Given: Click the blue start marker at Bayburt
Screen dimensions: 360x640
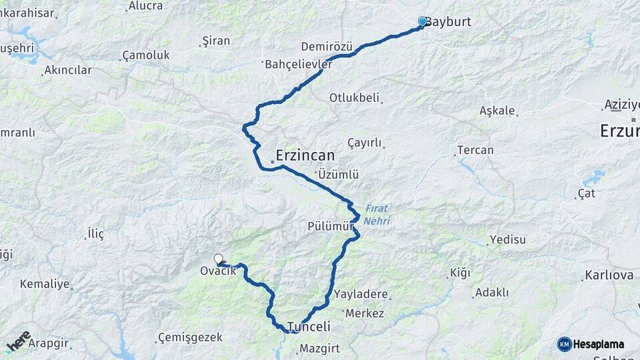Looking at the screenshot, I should pos(422,21).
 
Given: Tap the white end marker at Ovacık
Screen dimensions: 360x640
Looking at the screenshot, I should pos(218,259).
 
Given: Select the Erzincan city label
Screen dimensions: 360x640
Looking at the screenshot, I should pos(305,155).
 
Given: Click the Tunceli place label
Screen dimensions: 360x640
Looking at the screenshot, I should pos(309,327).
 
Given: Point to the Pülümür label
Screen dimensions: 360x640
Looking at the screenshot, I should pos(330,226).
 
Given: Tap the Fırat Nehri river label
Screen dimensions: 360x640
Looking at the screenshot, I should pos(377,214).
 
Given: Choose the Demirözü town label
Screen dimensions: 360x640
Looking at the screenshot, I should pos(326,47).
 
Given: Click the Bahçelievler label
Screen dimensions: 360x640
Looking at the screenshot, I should pos(299,65).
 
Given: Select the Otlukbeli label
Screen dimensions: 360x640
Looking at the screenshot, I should pos(354,98).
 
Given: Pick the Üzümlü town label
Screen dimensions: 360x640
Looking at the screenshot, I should pos(338,175).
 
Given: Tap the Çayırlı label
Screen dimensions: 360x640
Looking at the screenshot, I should pos(365,143).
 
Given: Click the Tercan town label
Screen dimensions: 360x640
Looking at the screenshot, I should pos(475,150).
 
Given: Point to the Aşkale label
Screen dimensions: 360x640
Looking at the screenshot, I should pos(497,111).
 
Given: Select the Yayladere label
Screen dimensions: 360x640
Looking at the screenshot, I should pos(361,294).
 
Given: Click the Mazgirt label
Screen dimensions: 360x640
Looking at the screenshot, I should pos(319,348).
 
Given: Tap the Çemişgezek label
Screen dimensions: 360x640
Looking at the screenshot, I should pos(190,337).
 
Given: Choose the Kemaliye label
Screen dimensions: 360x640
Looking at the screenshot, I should pos(45,284).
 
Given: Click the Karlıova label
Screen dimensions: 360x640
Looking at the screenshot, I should pos(609,275).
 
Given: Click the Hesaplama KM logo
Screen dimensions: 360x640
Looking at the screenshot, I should pos(591,344).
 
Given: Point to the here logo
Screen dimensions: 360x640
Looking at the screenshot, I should pos(19,342).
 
